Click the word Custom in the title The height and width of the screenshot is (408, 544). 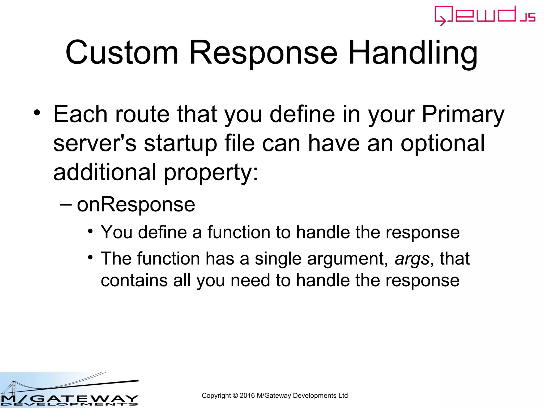[122, 53]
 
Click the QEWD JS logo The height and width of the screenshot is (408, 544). [484, 15]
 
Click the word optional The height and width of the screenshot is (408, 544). [443, 143]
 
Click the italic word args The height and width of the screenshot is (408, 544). [412, 259]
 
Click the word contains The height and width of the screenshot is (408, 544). [134, 280]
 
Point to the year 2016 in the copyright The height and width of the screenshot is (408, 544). [247, 396]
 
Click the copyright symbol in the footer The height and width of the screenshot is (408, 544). [235, 396]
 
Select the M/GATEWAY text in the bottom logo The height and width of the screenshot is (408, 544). [69, 398]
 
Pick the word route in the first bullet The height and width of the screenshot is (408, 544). [142, 114]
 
